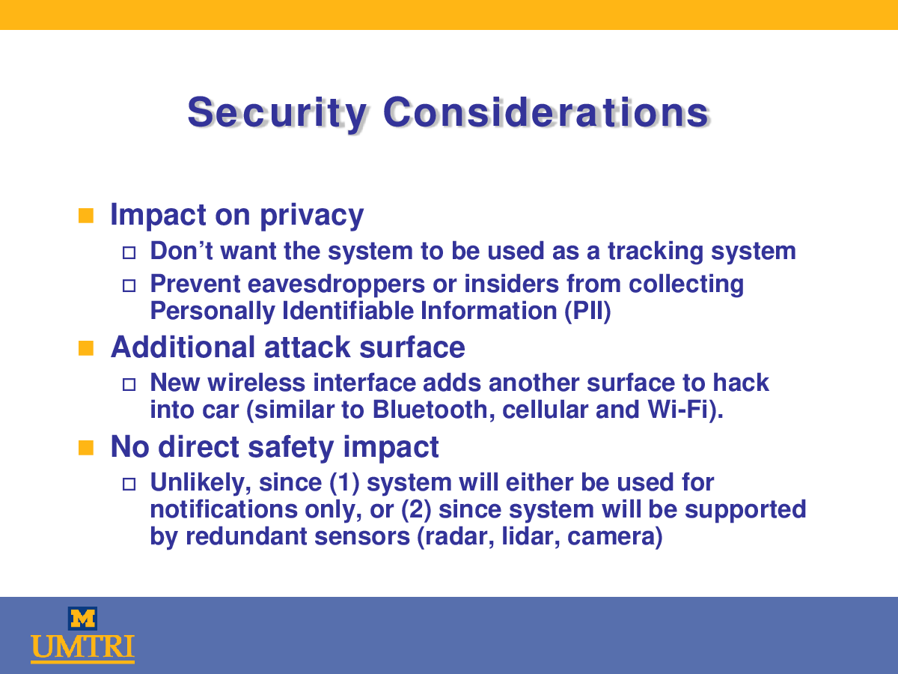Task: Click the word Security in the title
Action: tap(277, 113)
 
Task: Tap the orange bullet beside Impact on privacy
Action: tap(86, 216)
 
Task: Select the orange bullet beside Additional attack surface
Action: tap(86, 348)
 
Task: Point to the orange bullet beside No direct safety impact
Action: tap(86, 448)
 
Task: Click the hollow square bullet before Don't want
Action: tap(129, 252)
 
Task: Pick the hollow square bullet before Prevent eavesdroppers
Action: tap(129, 285)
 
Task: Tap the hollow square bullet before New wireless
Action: tap(129, 384)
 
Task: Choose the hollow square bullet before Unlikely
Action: tap(129, 484)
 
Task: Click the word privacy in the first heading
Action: tap(312, 216)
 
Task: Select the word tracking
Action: tap(656, 252)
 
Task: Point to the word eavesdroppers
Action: tap(336, 285)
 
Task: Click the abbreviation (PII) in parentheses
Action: tap(587, 311)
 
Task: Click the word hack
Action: tap(741, 383)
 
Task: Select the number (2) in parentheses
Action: tap(416, 510)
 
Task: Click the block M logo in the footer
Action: tap(82, 619)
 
